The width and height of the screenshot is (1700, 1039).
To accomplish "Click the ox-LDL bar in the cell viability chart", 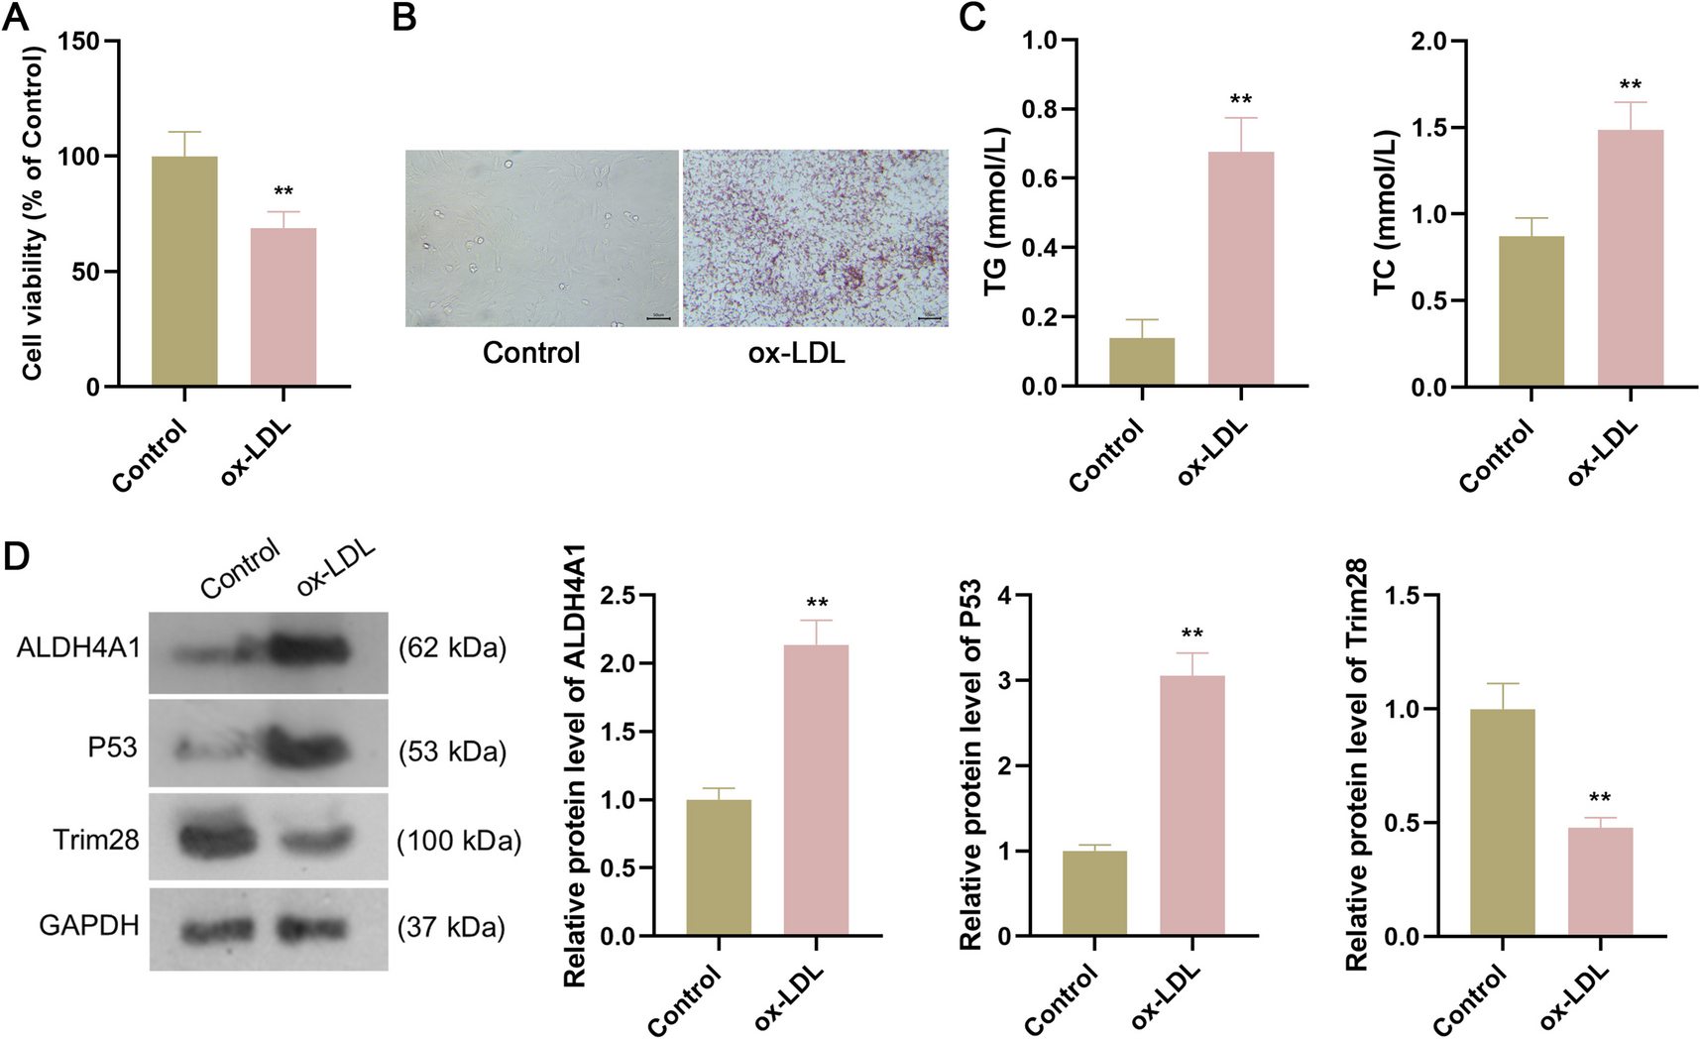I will click(x=283, y=307).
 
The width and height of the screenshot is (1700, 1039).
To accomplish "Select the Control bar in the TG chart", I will click(x=1142, y=362).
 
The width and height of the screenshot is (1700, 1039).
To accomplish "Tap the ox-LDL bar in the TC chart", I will click(x=1630, y=258).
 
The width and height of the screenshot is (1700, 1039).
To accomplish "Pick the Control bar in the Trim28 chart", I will click(x=1502, y=823).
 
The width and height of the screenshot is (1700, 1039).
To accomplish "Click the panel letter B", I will click(x=403, y=17).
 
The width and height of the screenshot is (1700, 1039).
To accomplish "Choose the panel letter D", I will click(x=17, y=556).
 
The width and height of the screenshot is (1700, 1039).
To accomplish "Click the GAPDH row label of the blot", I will click(x=89, y=926).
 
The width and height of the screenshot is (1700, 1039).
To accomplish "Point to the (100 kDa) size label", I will click(x=459, y=842).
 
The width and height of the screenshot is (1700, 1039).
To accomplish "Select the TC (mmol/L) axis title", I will click(x=1385, y=213).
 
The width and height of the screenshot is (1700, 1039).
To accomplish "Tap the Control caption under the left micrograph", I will click(x=531, y=353).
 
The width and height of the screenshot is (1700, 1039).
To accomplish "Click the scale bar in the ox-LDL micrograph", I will click(x=929, y=318).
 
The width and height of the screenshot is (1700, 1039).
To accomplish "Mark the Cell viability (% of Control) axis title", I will click(x=33, y=213).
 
